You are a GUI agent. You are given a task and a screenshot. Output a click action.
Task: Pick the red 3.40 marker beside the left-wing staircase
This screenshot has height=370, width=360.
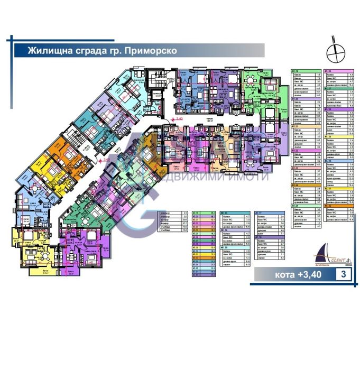point(105,157)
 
